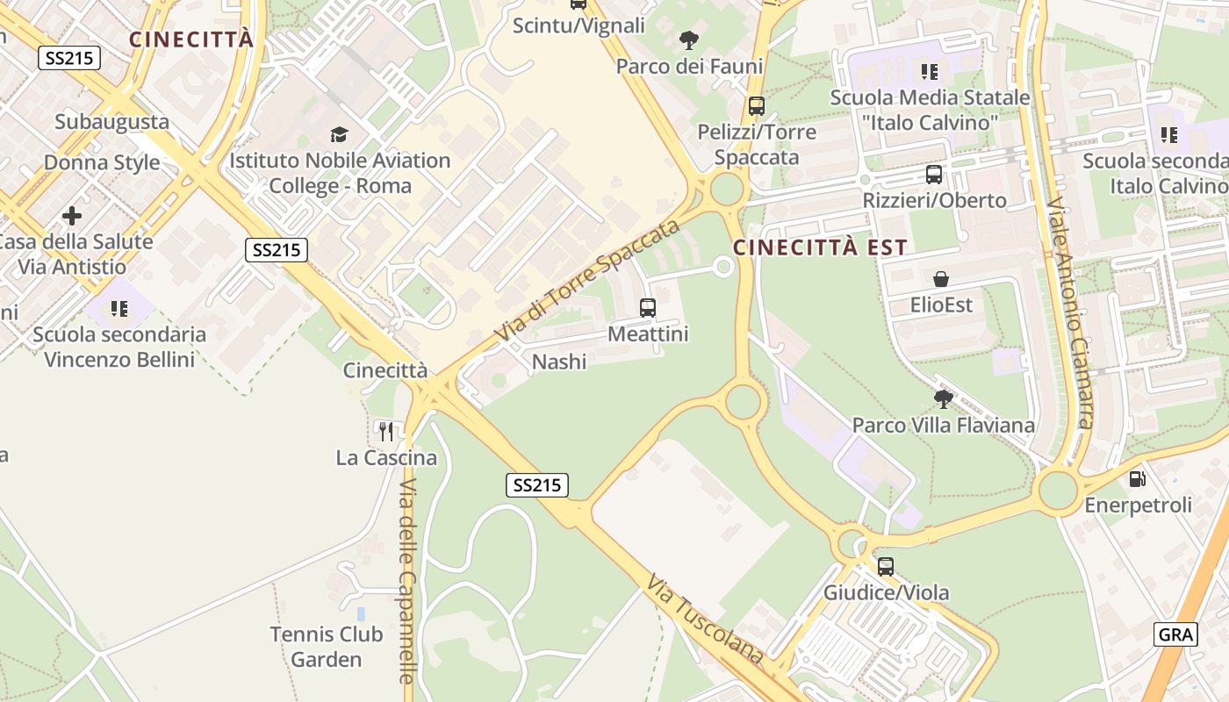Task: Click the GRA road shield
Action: point(1175,634)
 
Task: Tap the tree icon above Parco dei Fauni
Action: point(689,39)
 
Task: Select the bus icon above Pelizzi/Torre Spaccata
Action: point(756,106)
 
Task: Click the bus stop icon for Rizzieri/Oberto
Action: point(933,174)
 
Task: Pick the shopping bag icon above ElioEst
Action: point(941,279)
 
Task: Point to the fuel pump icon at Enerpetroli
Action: point(1137,479)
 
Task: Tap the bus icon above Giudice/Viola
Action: point(885,566)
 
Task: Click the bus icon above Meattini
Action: point(648,307)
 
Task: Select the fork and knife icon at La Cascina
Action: point(385,430)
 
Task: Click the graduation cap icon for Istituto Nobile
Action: point(339,134)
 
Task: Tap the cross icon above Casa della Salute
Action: point(72,215)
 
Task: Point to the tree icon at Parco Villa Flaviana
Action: point(944,399)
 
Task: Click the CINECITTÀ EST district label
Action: point(820,247)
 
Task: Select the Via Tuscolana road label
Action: point(706,620)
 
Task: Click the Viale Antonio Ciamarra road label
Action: point(1071,312)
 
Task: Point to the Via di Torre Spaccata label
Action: point(588,281)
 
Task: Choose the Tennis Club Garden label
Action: point(327,647)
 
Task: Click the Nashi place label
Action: point(559,362)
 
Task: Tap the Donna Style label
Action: point(102,162)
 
